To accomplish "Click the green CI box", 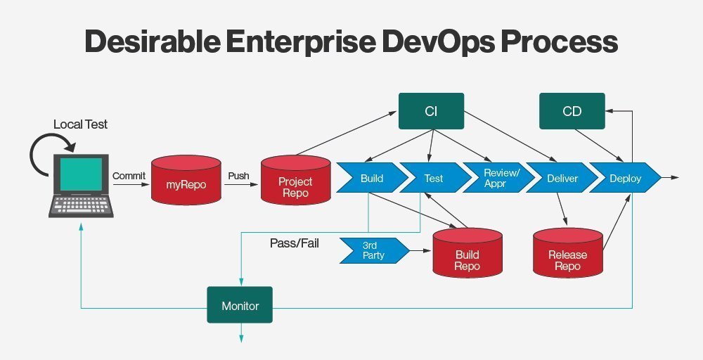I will [x=431, y=112].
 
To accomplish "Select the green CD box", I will [x=572, y=112].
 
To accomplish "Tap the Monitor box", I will [x=240, y=306].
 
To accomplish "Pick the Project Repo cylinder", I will [x=295, y=184].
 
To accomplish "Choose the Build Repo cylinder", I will [x=467, y=257].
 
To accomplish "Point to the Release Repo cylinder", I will [x=567, y=257].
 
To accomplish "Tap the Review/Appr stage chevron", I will [x=496, y=178].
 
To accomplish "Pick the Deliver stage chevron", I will [x=560, y=178].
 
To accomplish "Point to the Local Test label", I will [x=80, y=124].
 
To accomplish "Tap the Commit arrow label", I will [x=129, y=175].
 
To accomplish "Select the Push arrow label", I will [x=239, y=175].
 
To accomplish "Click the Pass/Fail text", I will [x=294, y=243].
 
